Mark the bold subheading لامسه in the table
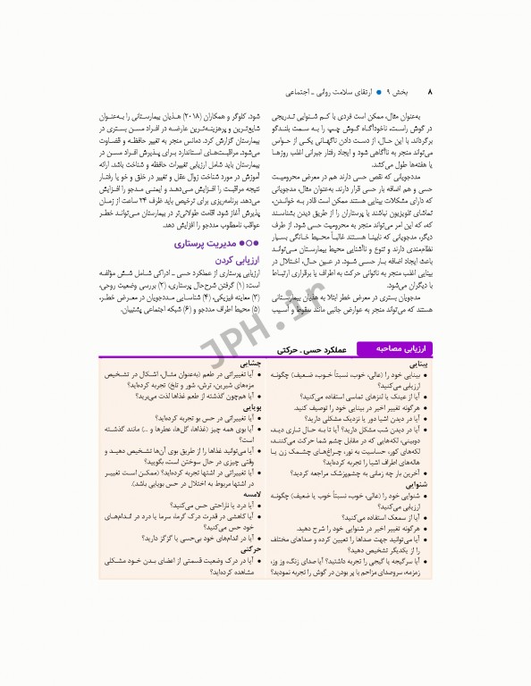(249, 492)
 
